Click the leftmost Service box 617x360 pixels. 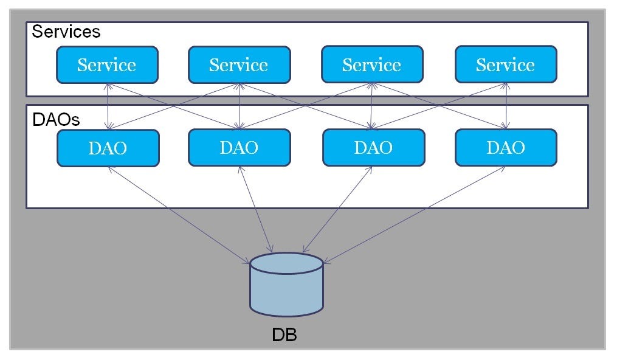click(107, 64)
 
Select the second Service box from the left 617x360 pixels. click(239, 64)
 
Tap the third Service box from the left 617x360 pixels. click(371, 64)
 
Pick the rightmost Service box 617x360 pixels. click(505, 64)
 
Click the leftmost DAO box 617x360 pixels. click(108, 148)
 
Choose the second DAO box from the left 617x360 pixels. click(239, 148)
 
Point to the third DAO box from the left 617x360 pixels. click(373, 148)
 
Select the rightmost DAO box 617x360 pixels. click(505, 148)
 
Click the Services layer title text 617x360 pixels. click(66, 32)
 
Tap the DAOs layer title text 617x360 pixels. click(56, 120)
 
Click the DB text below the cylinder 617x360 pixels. click(284, 335)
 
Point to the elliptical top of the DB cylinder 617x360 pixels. click(286, 263)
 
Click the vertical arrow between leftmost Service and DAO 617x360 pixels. click(108, 106)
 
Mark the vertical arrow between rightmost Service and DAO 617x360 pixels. click(506, 106)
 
